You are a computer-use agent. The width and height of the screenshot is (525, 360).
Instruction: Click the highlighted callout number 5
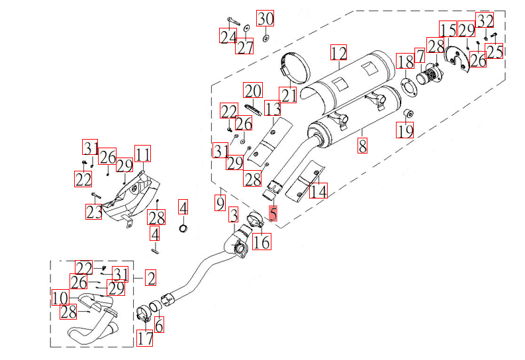[x=273, y=213]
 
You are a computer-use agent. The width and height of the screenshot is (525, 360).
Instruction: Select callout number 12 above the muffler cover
[x=339, y=52]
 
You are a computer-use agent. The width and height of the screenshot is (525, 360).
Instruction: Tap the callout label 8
[x=362, y=145]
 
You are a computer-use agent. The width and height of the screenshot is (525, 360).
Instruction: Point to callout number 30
[x=265, y=19]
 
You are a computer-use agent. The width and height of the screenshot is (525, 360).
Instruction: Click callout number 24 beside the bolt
[x=228, y=36]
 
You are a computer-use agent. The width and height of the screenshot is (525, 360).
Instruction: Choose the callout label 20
[x=252, y=91]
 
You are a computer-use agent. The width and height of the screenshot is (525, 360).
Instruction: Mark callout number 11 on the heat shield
[x=143, y=154]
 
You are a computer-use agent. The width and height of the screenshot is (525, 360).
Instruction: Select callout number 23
[x=95, y=212]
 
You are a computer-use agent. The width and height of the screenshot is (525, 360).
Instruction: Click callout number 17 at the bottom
[x=145, y=339]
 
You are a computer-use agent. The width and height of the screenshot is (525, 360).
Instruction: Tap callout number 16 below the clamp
[x=262, y=242]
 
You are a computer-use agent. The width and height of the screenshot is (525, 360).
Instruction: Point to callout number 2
[x=151, y=278]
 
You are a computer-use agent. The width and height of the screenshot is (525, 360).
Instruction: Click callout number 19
[x=405, y=130]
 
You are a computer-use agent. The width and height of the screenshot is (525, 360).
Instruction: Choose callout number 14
[x=318, y=191]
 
